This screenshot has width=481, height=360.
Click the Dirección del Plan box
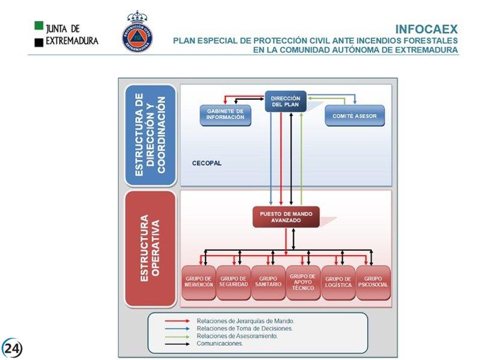coord(286,102)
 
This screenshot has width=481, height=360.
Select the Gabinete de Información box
coord(225,115)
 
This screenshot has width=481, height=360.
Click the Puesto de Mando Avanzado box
coord(286,217)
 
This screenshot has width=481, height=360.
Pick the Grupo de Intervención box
coord(198,282)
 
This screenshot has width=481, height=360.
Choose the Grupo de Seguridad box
coord(233,282)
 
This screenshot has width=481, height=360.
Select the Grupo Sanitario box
coord(268,282)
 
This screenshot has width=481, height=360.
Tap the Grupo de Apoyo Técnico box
coord(302,282)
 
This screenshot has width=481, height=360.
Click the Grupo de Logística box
coord(338,282)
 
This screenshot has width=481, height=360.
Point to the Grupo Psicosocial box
coord(373,282)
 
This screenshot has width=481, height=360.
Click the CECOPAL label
coord(207,163)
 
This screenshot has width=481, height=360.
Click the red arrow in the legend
coord(179,322)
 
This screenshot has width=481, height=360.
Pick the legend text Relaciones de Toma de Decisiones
coord(245,329)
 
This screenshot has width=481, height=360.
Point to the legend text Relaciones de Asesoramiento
coord(237,337)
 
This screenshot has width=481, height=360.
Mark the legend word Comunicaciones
coord(219,344)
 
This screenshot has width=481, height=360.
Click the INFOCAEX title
coord(426,29)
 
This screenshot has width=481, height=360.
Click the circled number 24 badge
coord(12,348)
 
